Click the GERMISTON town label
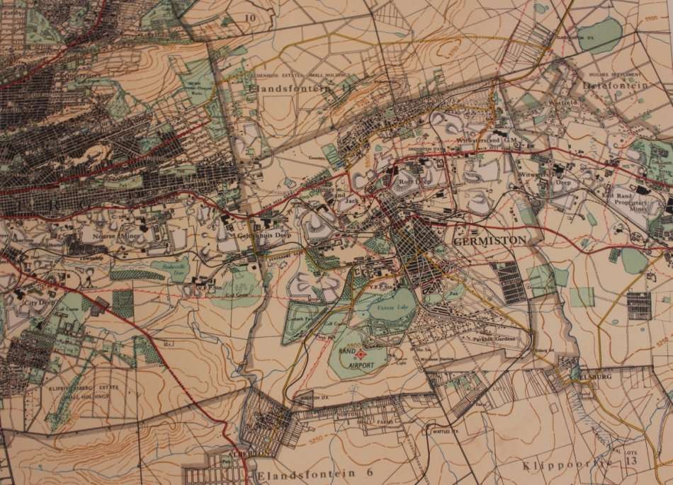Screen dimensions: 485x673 tap(489, 240)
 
